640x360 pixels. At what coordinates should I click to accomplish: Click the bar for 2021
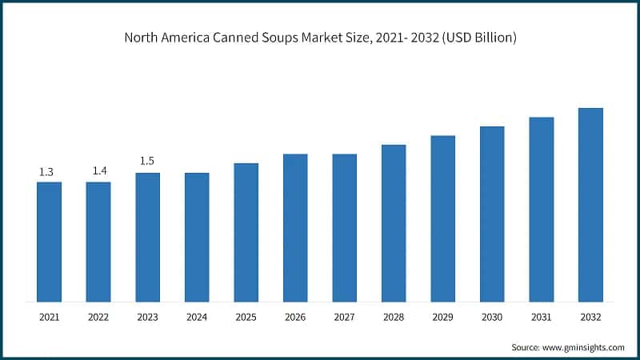click(49, 242)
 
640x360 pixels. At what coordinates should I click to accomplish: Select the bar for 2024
click(197, 237)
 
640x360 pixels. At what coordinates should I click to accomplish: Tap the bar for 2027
click(345, 228)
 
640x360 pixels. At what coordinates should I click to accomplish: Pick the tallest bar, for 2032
click(590, 205)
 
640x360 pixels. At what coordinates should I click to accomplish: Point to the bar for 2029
click(442, 218)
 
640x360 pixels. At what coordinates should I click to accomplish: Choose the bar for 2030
click(492, 214)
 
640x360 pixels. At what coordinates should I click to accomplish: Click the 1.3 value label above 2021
click(47, 172)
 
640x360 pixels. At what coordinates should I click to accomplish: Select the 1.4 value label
click(98, 172)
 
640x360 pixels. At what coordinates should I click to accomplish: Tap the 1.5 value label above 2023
click(147, 162)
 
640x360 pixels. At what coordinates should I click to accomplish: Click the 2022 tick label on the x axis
click(98, 318)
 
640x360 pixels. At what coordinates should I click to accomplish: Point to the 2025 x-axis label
click(246, 318)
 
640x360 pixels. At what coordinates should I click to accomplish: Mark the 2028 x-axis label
click(394, 318)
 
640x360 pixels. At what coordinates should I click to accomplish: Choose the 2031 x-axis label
click(542, 318)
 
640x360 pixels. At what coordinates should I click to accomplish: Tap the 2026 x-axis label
click(295, 318)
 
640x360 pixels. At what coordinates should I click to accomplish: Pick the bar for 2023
click(147, 237)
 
